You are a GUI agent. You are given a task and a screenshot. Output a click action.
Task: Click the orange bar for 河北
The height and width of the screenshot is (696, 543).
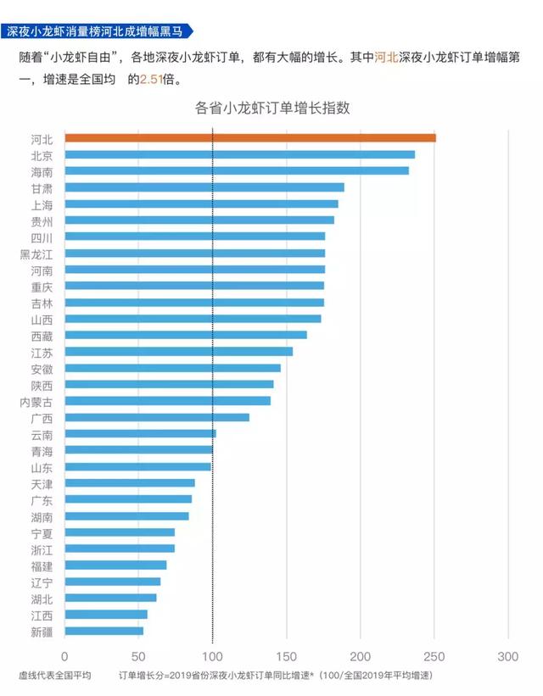click(249, 138)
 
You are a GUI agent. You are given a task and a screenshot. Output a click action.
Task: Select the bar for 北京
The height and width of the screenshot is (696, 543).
click(239, 155)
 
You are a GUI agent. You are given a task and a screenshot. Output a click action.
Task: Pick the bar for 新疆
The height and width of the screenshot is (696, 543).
click(104, 631)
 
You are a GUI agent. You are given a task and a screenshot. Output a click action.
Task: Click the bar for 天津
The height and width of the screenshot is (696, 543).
click(129, 483)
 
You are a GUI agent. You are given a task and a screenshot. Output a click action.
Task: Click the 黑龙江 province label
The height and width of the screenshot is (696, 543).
click(36, 253)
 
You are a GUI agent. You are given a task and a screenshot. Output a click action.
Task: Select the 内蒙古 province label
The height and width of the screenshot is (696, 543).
click(36, 401)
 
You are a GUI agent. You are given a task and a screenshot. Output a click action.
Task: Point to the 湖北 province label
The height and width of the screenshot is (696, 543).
click(42, 599)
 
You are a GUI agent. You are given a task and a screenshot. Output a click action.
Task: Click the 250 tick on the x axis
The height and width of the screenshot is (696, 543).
click(434, 656)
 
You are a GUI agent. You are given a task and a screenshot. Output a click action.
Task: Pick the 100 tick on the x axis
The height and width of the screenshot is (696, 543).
click(213, 656)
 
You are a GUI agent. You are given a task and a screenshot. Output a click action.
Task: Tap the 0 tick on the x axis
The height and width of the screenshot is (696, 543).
click(64, 656)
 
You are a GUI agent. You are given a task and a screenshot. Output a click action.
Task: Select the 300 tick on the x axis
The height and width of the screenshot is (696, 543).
click(508, 656)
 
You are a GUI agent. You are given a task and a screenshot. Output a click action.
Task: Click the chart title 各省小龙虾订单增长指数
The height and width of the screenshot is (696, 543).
click(272, 108)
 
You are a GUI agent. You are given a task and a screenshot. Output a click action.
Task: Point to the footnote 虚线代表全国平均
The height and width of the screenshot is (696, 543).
click(54, 676)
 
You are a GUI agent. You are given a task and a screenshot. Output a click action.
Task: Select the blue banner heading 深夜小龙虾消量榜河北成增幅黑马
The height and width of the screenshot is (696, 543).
click(95, 31)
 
